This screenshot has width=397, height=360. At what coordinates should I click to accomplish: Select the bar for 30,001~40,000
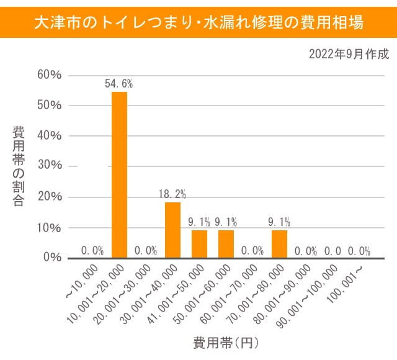(172, 230)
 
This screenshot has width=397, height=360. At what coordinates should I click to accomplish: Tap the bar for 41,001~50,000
(199, 244)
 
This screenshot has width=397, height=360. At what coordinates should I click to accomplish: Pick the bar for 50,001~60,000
(226, 244)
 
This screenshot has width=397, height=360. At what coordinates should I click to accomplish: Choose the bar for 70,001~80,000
(279, 244)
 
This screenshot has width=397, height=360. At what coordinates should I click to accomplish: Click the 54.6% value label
(119, 83)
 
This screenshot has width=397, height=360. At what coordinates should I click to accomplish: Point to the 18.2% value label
(172, 193)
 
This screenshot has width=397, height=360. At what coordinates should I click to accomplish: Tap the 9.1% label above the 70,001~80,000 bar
(279, 221)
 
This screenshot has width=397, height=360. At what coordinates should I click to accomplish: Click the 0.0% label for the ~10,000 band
(92, 251)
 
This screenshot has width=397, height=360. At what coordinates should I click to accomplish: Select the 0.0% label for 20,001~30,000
(146, 251)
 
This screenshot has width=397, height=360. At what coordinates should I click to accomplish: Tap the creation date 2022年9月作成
(349, 54)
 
